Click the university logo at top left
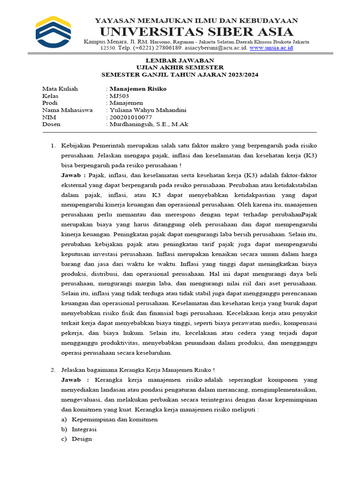click(x=53, y=32)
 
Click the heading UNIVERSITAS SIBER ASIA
click(x=196, y=32)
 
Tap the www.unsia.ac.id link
click(x=271, y=48)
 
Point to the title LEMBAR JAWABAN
click(x=180, y=60)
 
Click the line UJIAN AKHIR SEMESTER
click(x=180, y=67)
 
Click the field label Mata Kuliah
click(x=60, y=89)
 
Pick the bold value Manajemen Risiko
click(x=138, y=89)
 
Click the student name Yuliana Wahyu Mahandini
click(x=148, y=110)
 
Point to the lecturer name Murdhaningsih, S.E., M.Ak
click(x=149, y=125)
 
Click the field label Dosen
click(x=51, y=125)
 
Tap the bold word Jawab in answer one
click(x=72, y=175)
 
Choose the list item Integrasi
click(x=84, y=429)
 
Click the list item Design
click(x=82, y=439)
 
